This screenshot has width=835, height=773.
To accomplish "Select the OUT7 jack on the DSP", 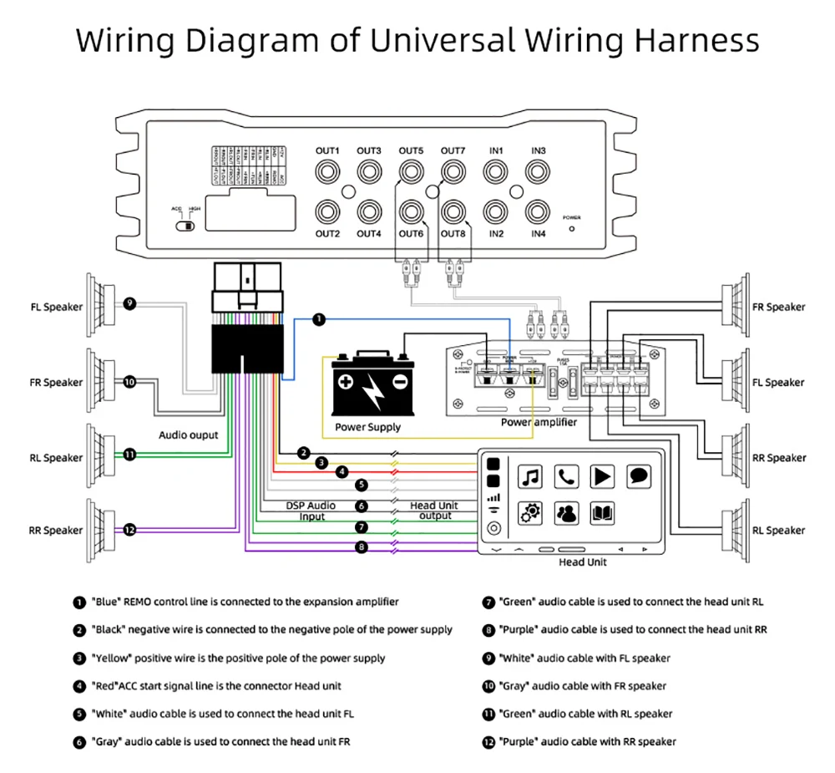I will [x=453, y=171].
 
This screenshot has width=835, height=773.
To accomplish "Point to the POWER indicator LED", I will [x=572, y=226].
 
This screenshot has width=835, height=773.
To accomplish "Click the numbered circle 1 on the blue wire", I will [x=319, y=318].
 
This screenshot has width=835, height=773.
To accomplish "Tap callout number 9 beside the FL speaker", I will [x=129, y=303].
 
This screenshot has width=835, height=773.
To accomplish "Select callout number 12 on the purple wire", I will [x=129, y=529].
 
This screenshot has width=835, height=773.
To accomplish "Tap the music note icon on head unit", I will [x=530, y=477].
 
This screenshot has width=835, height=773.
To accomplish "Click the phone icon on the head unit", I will [x=567, y=477].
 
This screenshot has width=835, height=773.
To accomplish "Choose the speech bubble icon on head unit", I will [x=639, y=477].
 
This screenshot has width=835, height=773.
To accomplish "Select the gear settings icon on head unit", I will [x=530, y=513].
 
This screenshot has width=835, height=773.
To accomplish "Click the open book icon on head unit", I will [x=603, y=513].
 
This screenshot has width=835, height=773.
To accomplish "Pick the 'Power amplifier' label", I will [x=539, y=422].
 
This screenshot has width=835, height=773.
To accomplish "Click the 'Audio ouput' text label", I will [x=189, y=435].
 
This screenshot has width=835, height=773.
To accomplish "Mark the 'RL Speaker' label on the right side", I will [x=778, y=530].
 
